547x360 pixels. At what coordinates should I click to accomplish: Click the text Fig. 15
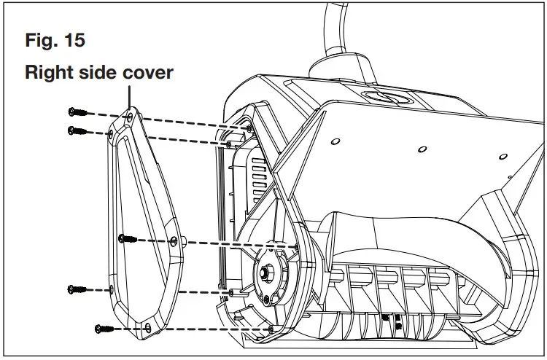[55, 40]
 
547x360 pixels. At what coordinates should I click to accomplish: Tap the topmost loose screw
[77, 111]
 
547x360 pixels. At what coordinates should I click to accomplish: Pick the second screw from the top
[77, 131]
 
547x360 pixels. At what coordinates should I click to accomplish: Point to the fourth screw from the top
[77, 289]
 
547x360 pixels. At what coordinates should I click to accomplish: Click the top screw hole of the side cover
[129, 116]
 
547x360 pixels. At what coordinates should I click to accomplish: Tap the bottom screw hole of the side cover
[148, 326]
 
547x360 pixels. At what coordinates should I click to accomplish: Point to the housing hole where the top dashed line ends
[252, 128]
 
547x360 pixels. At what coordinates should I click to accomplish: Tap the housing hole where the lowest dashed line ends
[271, 330]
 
